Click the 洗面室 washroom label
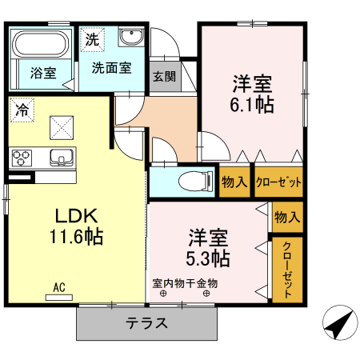click(x=110, y=69)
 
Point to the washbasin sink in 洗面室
click(x=130, y=38)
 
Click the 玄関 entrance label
click(x=164, y=77)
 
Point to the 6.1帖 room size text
click(x=253, y=105)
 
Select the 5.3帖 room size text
click(x=210, y=258)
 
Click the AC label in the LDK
click(x=59, y=286)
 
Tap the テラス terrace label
click(x=146, y=324)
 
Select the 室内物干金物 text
click(x=185, y=283)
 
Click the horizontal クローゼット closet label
click(x=278, y=182)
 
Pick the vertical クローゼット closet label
click(x=287, y=270)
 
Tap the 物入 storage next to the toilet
click(x=234, y=182)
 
